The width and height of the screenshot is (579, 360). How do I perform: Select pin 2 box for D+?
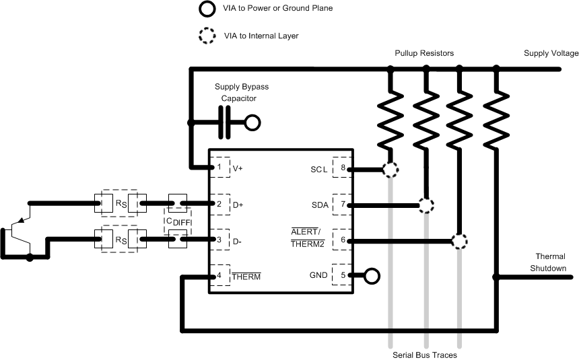(219, 203)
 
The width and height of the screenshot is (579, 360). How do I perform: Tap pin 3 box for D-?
(219, 239)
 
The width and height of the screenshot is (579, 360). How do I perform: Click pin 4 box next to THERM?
(219, 276)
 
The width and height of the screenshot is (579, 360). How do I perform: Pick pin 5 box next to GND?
(342, 275)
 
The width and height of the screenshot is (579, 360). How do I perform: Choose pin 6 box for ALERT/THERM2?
(342, 240)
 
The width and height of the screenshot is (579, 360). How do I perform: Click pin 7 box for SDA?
(342, 204)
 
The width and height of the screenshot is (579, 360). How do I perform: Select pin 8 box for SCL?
(342, 168)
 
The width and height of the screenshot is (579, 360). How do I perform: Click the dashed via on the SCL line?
(390, 168)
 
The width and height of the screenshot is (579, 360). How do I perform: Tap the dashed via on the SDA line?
(425, 205)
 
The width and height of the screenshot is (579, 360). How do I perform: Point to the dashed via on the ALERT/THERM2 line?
(459, 240)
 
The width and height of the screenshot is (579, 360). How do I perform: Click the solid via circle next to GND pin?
(371, 275)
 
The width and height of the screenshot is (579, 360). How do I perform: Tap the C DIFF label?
(177, 221)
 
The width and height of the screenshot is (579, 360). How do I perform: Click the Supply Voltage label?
(551, 53)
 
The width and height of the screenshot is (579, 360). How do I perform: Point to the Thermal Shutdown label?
(550, 262)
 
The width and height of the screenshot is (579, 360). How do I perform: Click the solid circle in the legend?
(204, 9)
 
